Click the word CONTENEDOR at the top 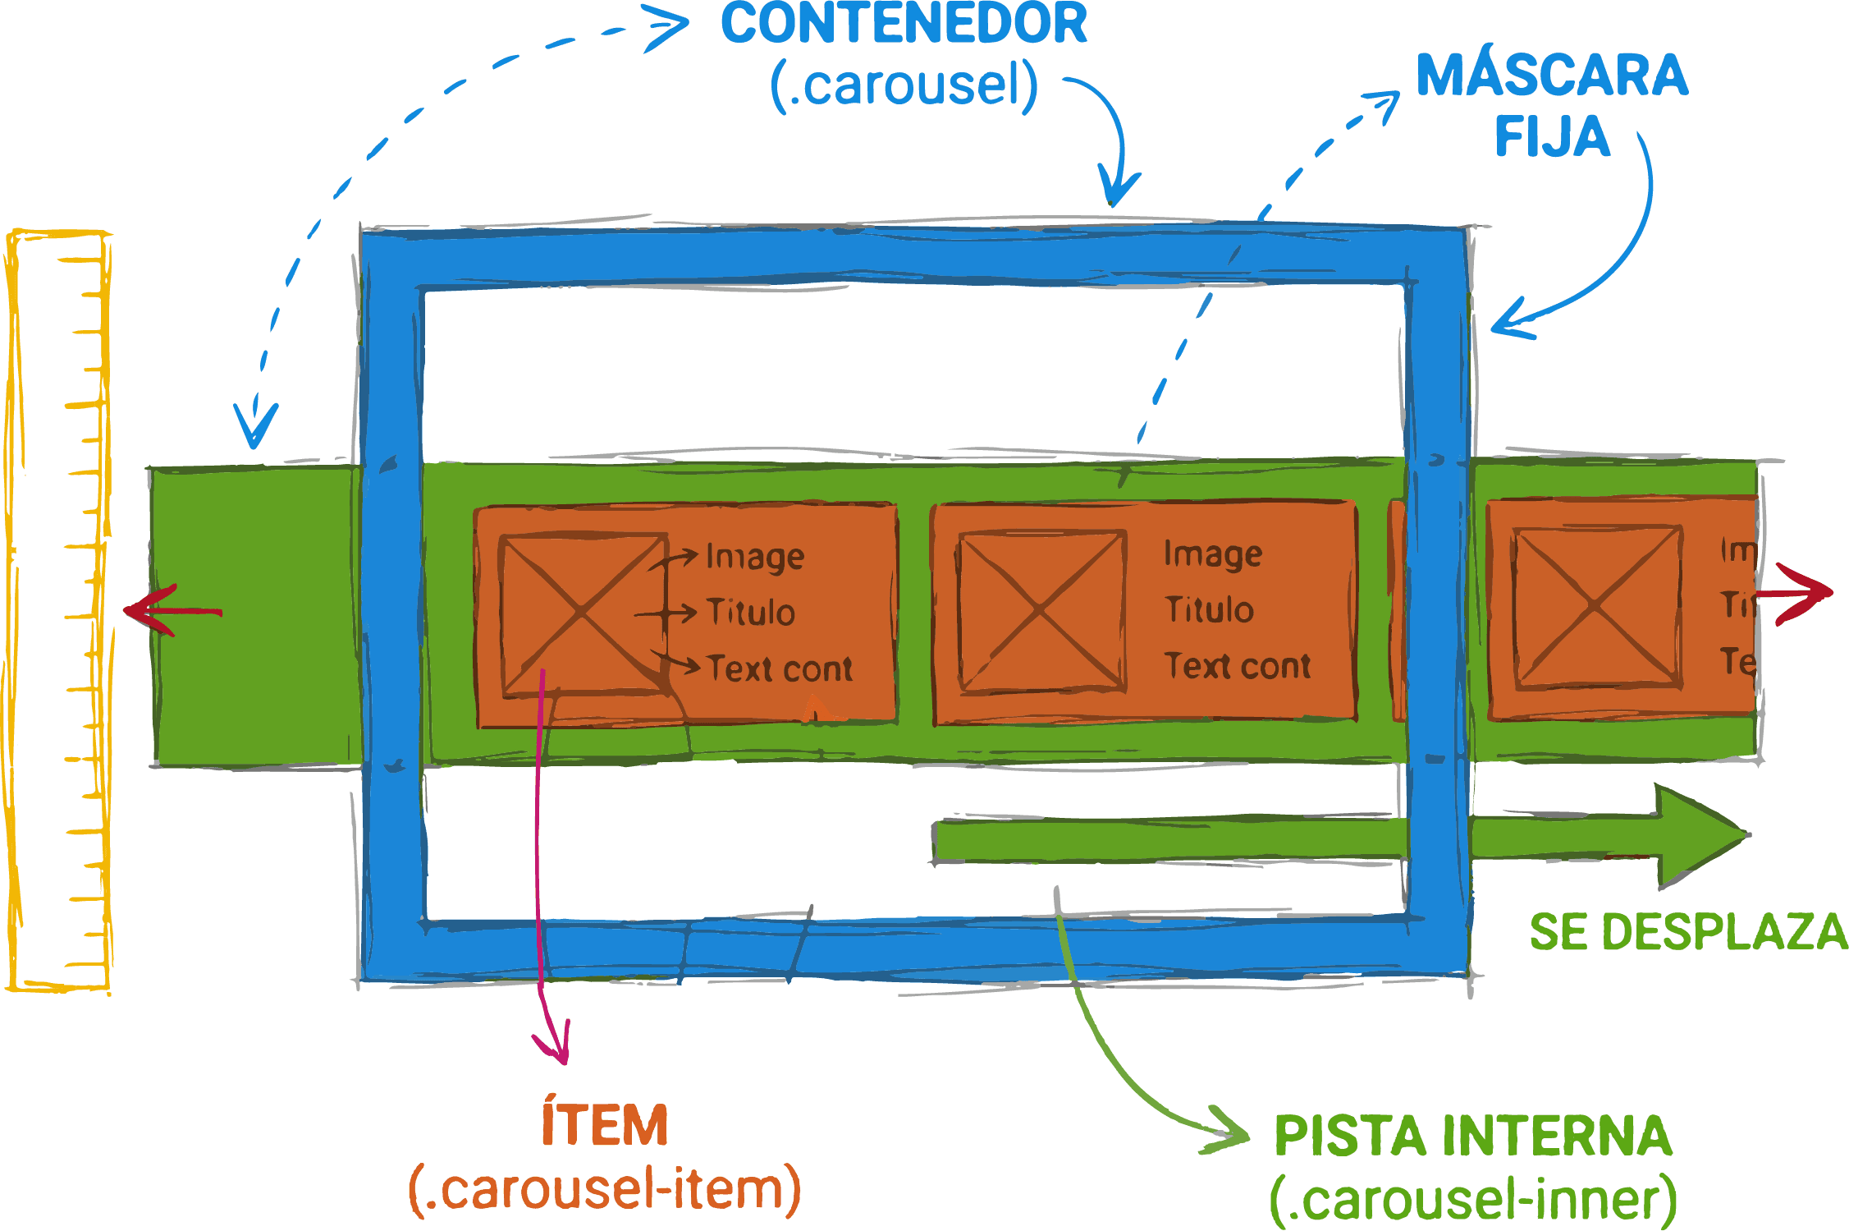903,25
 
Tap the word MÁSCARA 1551,76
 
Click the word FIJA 1551,136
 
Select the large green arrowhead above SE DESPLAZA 1699,836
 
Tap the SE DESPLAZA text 1687,933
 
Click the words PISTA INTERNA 1472,1137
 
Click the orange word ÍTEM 605,1125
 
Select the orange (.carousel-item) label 605,1189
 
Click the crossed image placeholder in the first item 583,613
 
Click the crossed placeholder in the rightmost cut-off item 1595,606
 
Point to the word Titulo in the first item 750,613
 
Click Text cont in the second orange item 1237,666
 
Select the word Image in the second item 1212,555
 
